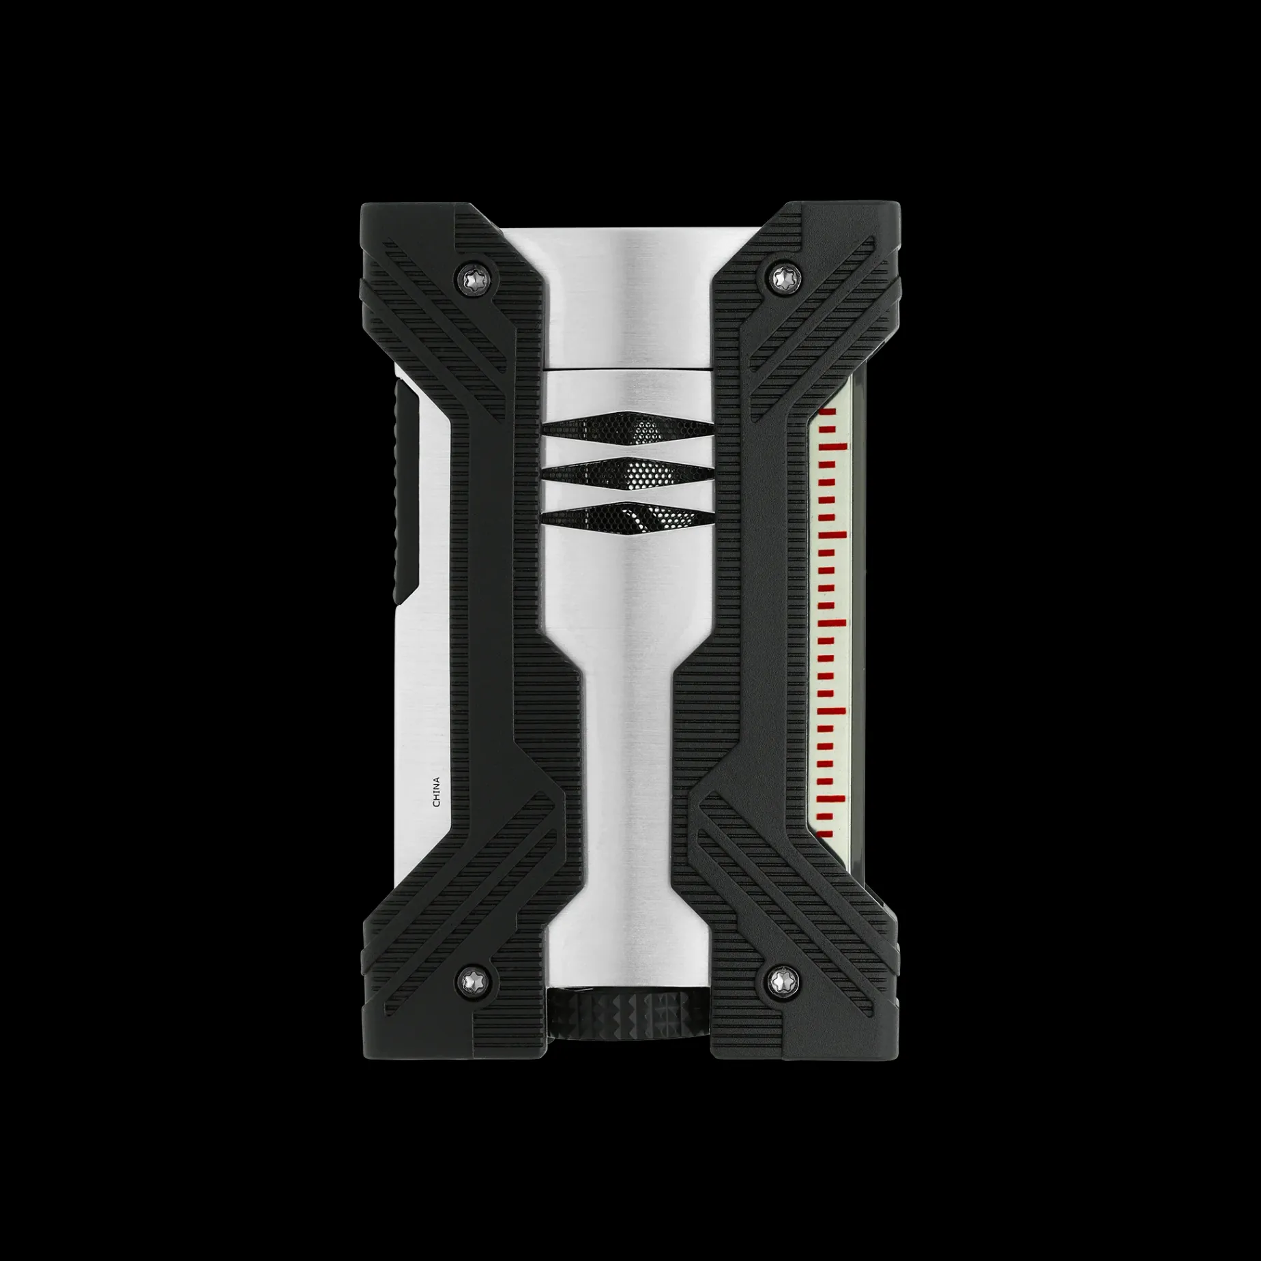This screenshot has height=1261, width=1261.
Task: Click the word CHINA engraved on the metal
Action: click(x=437, y=792)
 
